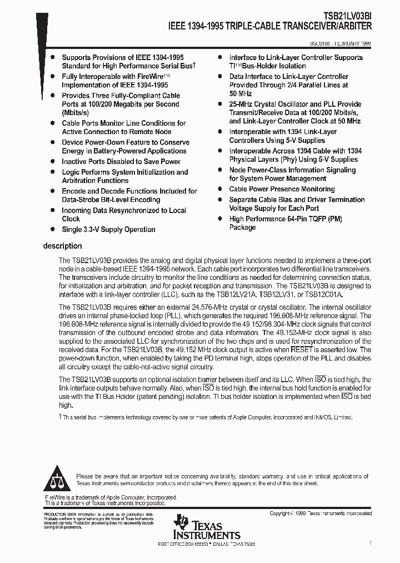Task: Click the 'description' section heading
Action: [62, 246]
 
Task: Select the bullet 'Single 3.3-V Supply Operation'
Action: [108, 229]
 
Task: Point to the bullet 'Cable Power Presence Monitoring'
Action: [282, 189]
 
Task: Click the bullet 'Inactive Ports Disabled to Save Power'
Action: [121, 161]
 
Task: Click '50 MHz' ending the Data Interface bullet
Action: [241, 93]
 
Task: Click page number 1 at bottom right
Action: [370, 543]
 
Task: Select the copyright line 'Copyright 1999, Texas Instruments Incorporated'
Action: [321, 513]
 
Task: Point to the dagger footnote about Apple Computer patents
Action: [206, 417]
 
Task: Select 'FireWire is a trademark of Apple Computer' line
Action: [111, 497]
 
